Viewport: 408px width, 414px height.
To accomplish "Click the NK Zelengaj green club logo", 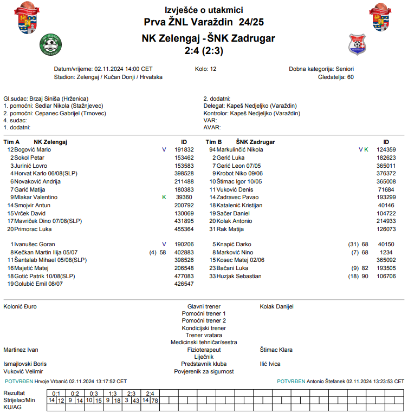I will (x=51, y=44).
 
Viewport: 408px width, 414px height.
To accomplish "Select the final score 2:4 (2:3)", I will (x=204, y=51).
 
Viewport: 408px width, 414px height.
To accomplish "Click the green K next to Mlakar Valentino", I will (x=164, y=198).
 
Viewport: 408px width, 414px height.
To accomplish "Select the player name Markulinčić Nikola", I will (x=240, y=149).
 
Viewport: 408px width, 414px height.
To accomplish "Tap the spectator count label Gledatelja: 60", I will (x=336, y=77).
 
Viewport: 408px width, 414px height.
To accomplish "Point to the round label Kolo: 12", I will (x=206, y=69).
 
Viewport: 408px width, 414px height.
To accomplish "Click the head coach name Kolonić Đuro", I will (x=20, y=306).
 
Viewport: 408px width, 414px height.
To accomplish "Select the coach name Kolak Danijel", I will (x=276, y=306).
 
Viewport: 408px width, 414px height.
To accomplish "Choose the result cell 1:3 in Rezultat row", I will (x=113, y=393).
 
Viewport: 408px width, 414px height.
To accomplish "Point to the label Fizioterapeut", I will (x=204, y=350).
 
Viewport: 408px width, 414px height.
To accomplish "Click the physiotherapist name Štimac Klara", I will (x=276, y=350).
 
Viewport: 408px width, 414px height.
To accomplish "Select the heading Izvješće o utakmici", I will (x=204, y=10).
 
